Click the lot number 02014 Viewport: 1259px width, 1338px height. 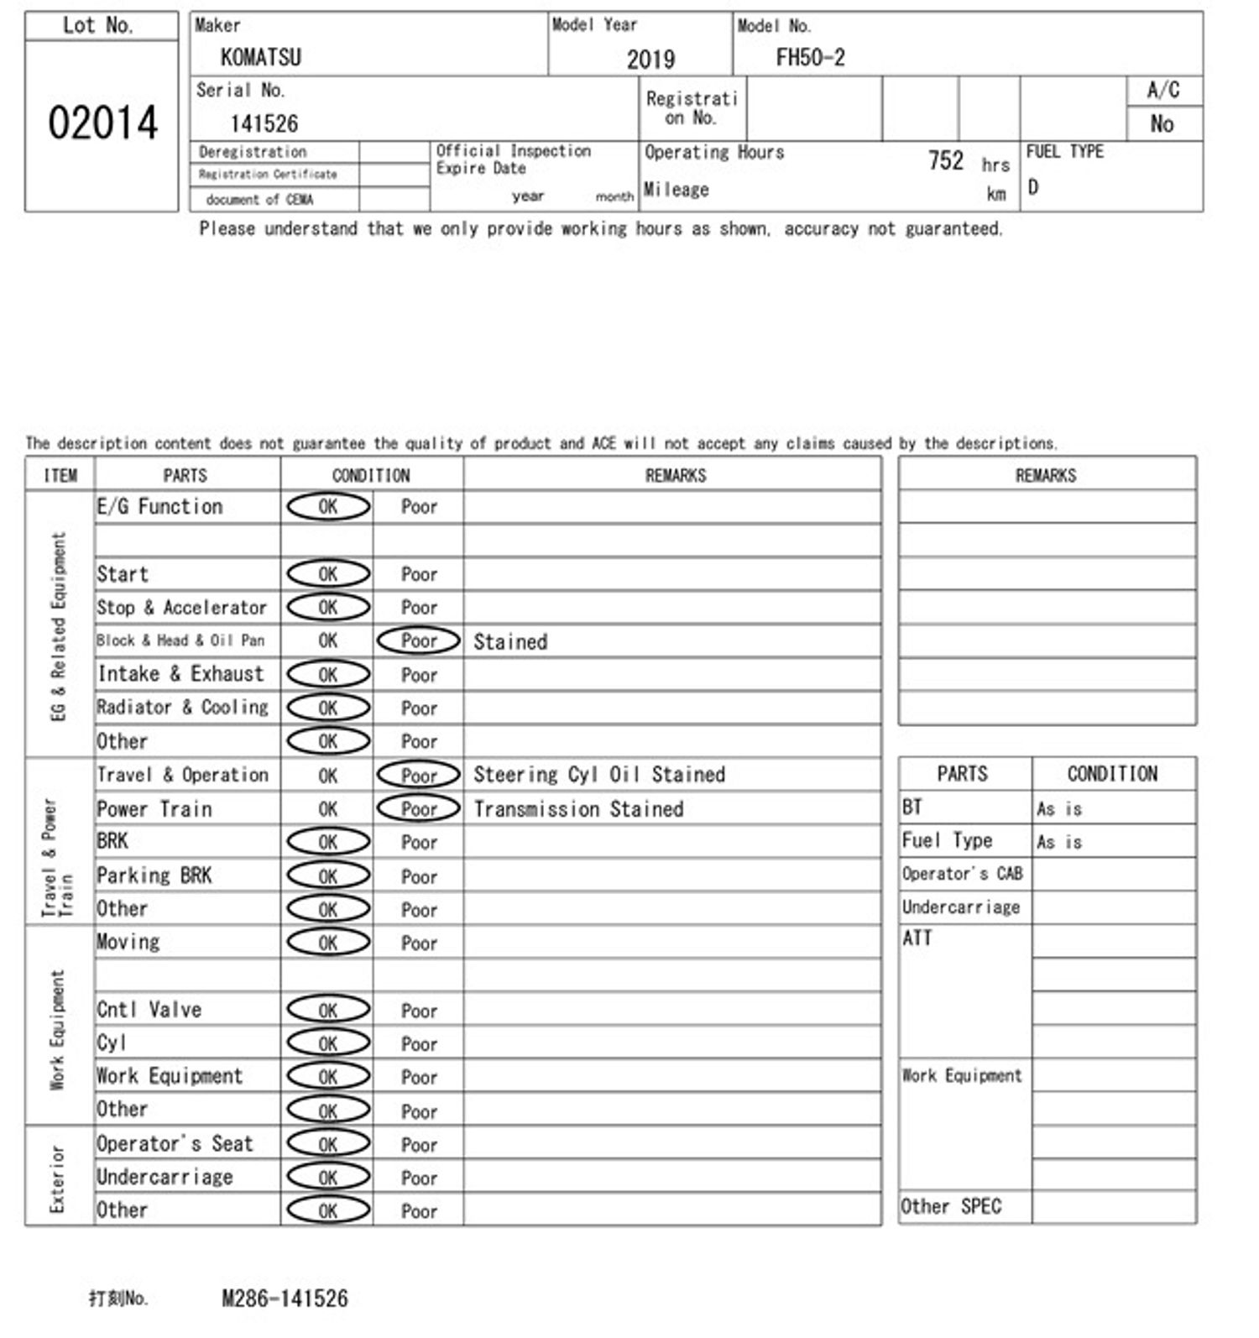click(x=102, y=123)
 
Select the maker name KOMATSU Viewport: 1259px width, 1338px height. click(x=260, y=58)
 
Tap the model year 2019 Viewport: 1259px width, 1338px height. click(x=650, y=60)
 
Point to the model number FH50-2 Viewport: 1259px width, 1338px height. click(x=810, y=58)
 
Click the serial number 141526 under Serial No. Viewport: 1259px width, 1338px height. click(x=264, y=124)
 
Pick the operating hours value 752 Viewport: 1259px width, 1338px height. click(x=945, y=160)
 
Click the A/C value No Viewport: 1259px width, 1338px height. click(x=1162, y=124)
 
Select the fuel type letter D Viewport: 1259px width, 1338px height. click(x=1033, y=187)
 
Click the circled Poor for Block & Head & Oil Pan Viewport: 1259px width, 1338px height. click(x=419, y=641)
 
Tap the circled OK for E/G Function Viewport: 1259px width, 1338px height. click(x=328, y=507)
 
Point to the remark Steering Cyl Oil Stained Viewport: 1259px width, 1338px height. click(x=598, y=775)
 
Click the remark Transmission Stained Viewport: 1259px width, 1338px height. click(x=578, y=809)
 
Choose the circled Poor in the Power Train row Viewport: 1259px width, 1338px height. click(x=419, y=809)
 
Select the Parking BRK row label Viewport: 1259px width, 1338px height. click(x=154, y=876)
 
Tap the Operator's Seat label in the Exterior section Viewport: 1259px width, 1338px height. click(x=175, y=1144)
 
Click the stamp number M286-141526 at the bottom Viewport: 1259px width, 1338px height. click(x=285, y=1299)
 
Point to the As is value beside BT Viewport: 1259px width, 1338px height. click(x=1059, y=809)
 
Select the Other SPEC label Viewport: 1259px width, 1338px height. click(x=951, y=1207)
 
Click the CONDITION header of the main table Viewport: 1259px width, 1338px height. click(x=371, y=476)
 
